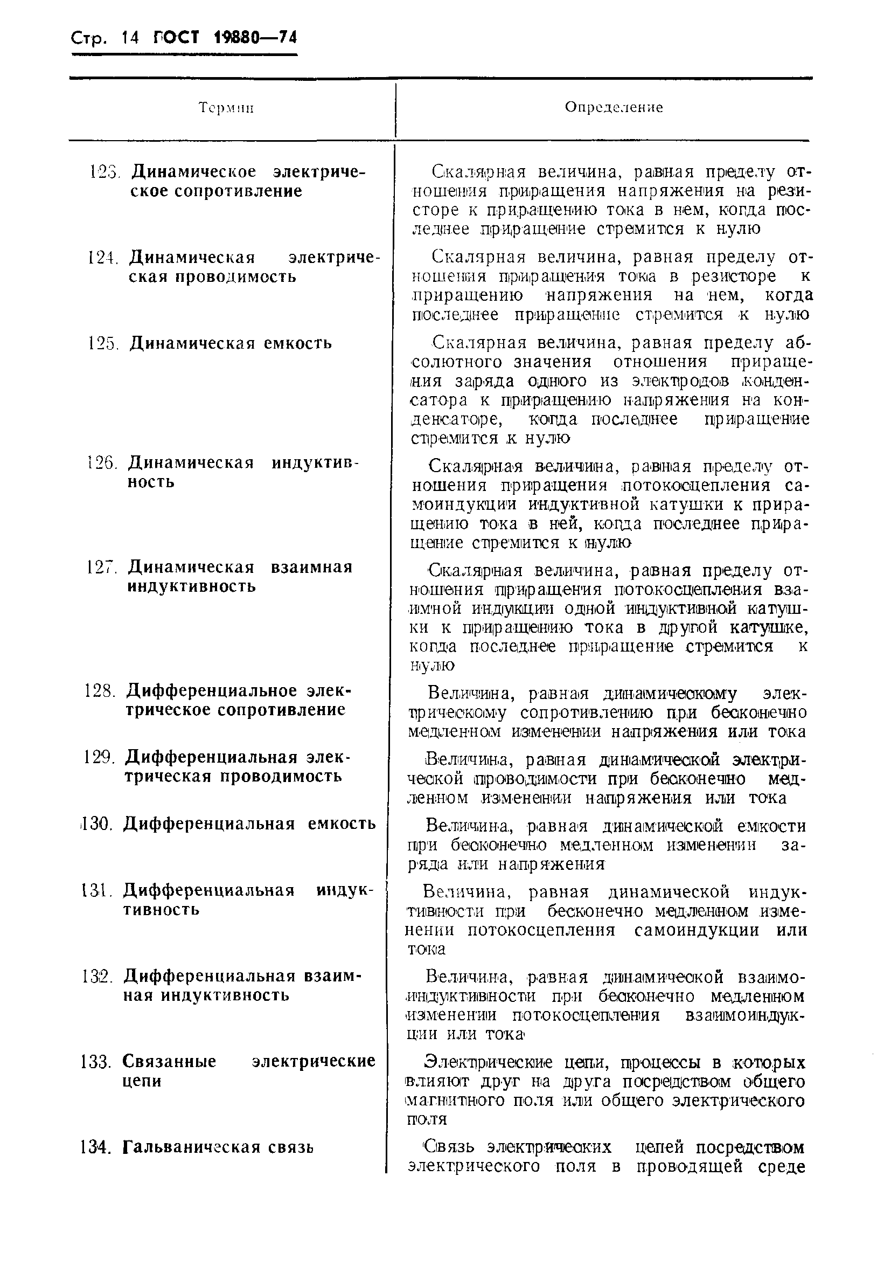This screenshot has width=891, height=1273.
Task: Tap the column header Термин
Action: click(x=226, y=108)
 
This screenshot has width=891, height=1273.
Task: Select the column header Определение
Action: click(x=614, y=107)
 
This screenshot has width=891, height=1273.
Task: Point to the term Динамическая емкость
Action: click(x=231, y=343)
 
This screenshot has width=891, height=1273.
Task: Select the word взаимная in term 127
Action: click(x=311, y=567)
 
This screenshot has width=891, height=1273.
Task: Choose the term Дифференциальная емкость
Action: click(x=249, y=824)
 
